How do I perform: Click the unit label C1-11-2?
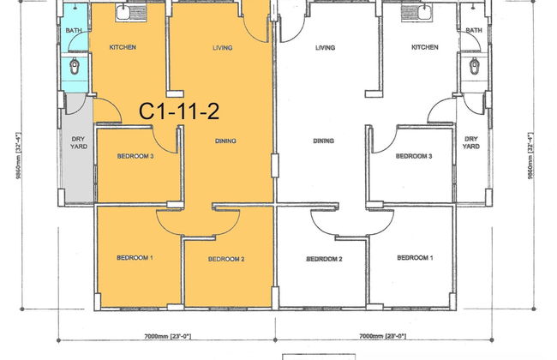(179, 111)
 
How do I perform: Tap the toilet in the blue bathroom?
(75, 67)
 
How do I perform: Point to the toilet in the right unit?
(474, 67)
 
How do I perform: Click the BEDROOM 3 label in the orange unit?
(135, 156)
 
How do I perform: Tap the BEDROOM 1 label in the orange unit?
(135, 258)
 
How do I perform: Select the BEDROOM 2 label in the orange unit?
(226, 259)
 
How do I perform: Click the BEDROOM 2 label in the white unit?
(324, 259)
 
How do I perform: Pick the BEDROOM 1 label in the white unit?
(415, 258)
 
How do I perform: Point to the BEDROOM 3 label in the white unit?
(414, 156)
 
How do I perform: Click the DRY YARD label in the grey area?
(79, 142)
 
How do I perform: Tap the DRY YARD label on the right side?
(471, 142)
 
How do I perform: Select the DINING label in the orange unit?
(225, 141)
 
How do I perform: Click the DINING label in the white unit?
(324, 141)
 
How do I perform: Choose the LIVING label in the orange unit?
(223, 48)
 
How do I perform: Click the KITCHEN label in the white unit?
(425, 47)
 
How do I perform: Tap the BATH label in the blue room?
(74, 31)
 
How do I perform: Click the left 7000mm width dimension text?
(167, 336)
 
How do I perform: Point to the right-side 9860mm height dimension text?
(530, 156)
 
